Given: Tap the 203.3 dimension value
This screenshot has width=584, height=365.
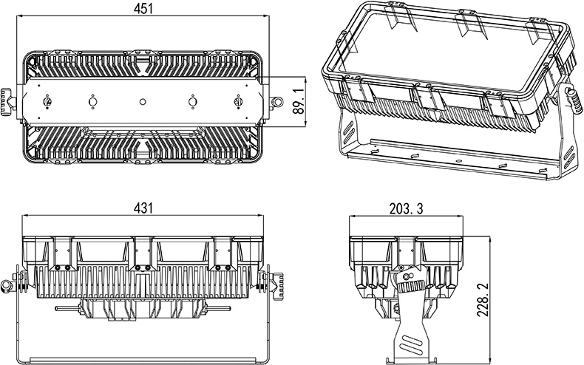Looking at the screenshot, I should tap(406, 209).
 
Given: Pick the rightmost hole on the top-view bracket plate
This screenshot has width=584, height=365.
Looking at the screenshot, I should tap(238, 101).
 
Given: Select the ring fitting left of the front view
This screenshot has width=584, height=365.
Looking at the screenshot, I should tap(7, 284).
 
